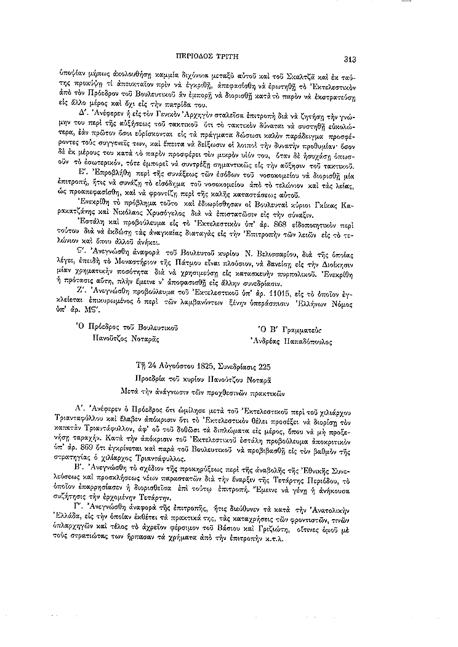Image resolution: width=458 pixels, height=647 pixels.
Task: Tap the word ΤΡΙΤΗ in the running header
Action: click(246, 50)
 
